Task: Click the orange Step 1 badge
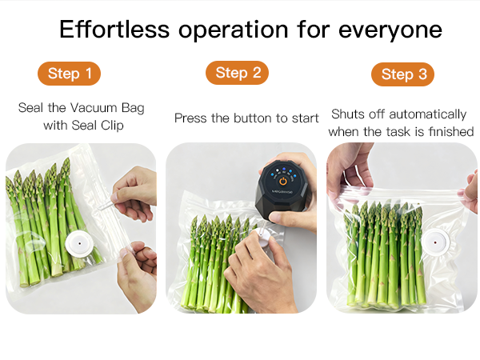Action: click(69, 74)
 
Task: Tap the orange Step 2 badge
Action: click(237, 73)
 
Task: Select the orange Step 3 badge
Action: click(402, 74)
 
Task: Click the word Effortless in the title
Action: click(114, 30)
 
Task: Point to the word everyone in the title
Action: click(390, 31)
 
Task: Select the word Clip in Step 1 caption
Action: click(112, 126)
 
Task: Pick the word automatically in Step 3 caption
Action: click(428, 114)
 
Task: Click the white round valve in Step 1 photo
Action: click(79, 244)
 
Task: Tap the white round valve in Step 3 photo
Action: click(436, 242)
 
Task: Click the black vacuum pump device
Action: click(282, 189)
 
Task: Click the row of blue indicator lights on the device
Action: click(283, 172)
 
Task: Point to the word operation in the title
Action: click(234, 31)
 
